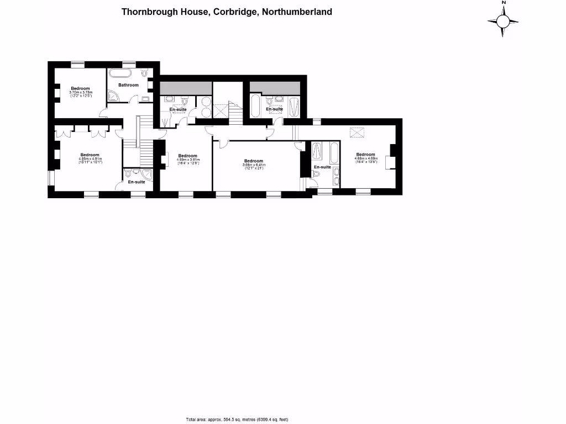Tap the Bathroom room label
point(128,85)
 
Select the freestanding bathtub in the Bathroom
point(120,73)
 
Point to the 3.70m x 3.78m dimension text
point(80,93)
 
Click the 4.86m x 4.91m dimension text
point(90,160)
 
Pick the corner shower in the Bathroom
point(114,97)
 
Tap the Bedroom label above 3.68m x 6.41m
point(253,161)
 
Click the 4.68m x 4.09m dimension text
point(365,158)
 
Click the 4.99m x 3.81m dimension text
point(188,160)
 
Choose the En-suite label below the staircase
point(136,182)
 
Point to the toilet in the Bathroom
point(145,73)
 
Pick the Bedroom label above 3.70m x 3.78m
point(80,88)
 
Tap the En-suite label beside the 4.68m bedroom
point(322,167)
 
